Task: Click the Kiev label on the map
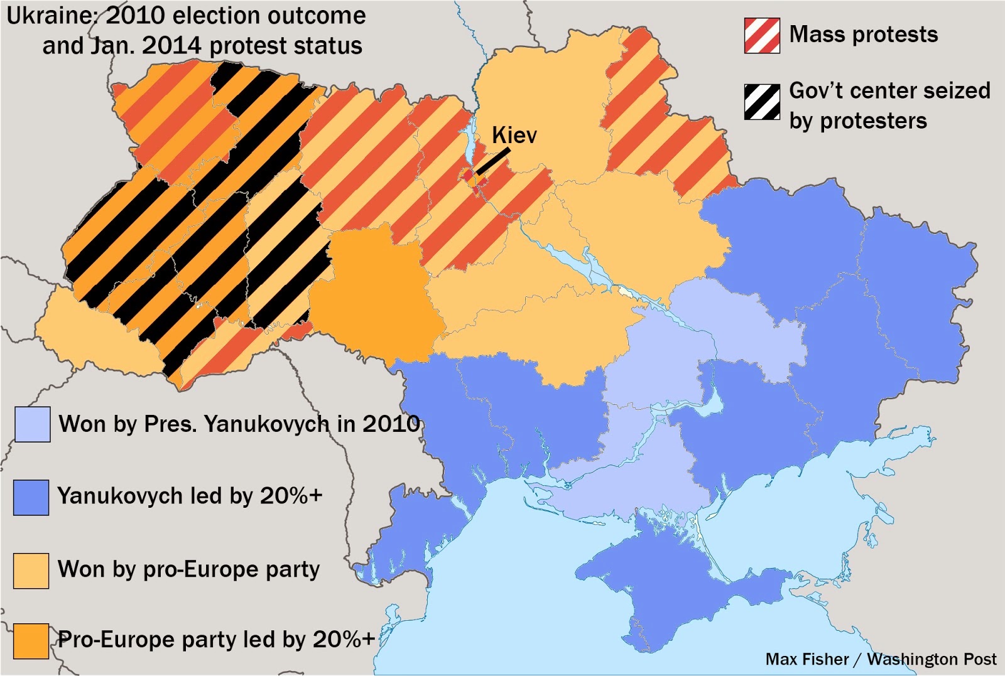(x=514, y=135)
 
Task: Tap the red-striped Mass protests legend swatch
(x=762, y=36)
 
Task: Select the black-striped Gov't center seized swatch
(x=762, y=101)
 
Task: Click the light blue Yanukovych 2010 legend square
(x=32, y=424)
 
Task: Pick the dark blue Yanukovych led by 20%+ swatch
(x=31, y=497)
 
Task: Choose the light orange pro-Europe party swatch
(x=31, y=571)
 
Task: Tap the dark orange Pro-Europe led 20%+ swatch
(x=31, y=641)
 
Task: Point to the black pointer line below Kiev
(x=493, y=162)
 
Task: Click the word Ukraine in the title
(x=50, y=16)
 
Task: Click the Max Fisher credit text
(x=807, y=659)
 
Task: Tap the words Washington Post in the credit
(x=931, y=659)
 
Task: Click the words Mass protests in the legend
(x=863, y=35)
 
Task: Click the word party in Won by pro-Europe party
(x=293, y=570)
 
